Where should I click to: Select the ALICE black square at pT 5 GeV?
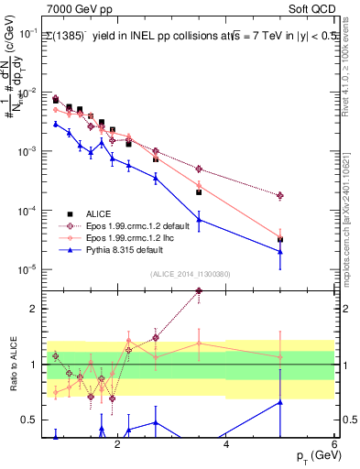coord(280,240)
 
